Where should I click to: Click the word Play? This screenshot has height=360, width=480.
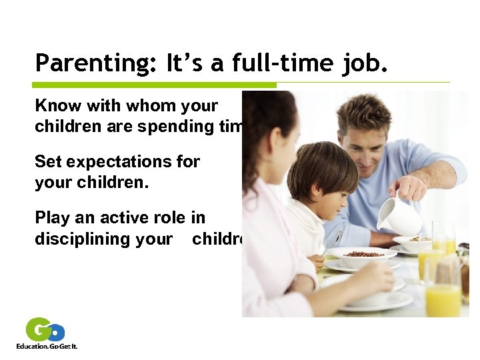point(52,218)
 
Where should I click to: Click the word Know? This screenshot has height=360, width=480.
point(57,106)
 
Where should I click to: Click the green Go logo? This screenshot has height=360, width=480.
point(45,331)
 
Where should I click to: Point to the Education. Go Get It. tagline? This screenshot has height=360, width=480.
point(47,347)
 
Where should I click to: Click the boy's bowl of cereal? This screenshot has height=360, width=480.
point(363,257)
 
